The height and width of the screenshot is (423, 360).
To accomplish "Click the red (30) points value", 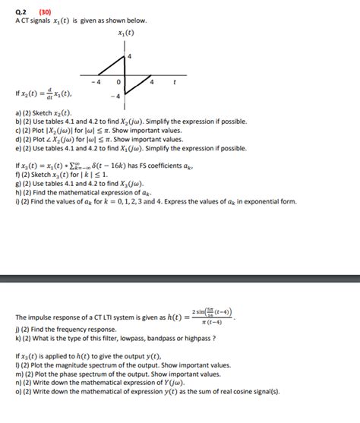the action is point(45,11).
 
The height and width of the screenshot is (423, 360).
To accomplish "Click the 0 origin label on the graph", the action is point(118,81).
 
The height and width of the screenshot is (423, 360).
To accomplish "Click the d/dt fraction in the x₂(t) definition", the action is point(48,95).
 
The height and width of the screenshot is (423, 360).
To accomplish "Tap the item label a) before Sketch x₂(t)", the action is point(18,112).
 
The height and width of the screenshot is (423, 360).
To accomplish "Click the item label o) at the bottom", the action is point(18,391).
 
